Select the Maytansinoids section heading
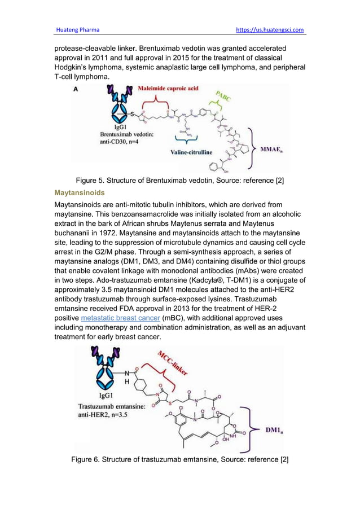coord(79,192)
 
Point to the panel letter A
coord(76,88)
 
